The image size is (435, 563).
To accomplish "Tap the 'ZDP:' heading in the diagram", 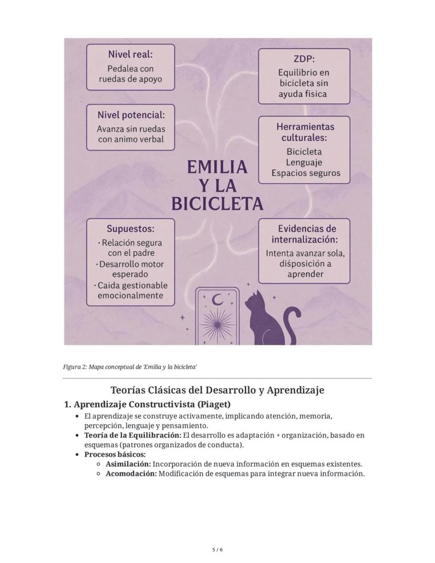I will (303, 59).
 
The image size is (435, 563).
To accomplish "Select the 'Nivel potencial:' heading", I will (131, 115).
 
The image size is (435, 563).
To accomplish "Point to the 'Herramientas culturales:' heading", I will (305, 132).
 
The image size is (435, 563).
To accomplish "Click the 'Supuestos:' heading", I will (130, 229).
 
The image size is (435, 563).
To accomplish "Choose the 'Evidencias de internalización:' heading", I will (305, 234).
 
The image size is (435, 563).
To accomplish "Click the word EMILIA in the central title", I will (217, 167).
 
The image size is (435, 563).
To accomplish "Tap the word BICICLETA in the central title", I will (217, 204).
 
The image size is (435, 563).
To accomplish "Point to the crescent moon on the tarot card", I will (217, 300).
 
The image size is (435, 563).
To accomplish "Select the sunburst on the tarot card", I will (216, 326).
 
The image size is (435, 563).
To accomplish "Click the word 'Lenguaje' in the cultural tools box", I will (304, 162).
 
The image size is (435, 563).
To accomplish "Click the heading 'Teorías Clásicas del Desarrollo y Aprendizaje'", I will (217, 391).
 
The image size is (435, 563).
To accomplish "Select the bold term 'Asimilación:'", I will (128, 464).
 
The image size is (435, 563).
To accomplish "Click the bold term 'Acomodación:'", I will (131, 474).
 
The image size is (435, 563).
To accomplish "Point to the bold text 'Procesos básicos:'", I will (115, 454).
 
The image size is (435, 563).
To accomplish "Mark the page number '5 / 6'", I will (217, 550).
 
